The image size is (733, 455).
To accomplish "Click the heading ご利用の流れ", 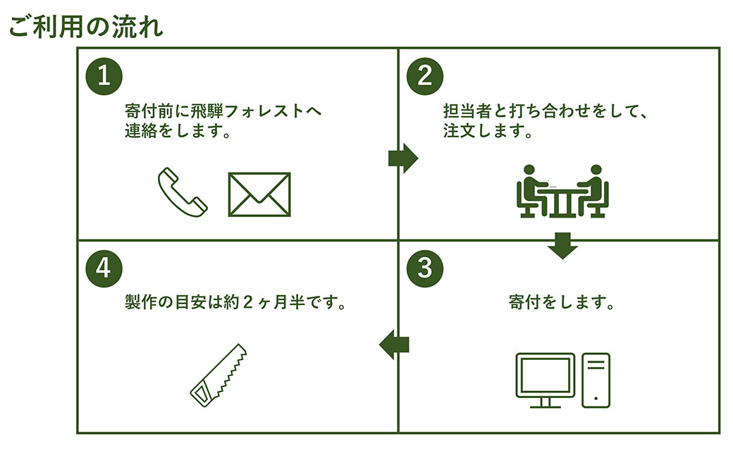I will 86,27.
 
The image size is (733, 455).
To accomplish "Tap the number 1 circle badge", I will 104,75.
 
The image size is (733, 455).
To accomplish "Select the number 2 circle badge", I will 424,75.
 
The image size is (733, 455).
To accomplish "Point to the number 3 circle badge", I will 424,268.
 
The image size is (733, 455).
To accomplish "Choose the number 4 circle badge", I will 104,268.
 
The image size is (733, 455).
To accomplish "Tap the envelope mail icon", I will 259,194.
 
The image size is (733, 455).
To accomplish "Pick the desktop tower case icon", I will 596,380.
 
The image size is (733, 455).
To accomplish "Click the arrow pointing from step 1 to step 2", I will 402,158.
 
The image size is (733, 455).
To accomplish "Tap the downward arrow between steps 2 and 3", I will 562,245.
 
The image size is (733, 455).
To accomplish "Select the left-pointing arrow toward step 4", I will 394,344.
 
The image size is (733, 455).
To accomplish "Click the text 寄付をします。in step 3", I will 562,304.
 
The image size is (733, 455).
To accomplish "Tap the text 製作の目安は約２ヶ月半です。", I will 238,304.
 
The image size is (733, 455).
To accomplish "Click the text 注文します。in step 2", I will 488,131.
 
